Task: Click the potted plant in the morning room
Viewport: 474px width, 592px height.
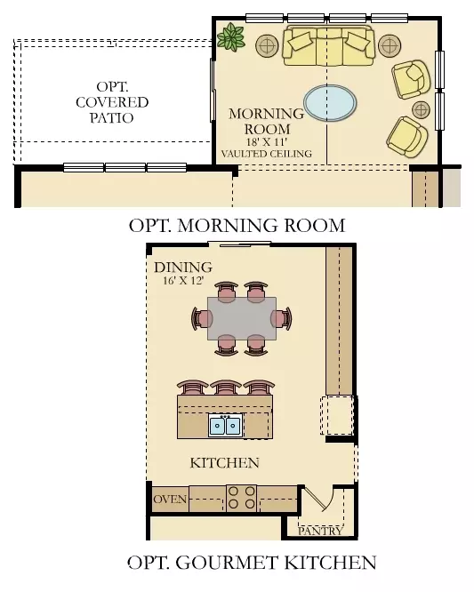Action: [x=232, y=36]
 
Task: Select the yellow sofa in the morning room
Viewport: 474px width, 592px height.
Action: [x=328, y=47]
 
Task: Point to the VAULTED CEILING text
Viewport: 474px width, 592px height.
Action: [x=267, y=154]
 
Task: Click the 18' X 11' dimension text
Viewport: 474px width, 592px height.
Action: [x=267, y=141]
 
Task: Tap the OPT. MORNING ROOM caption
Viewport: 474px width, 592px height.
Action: [x=237, y=225]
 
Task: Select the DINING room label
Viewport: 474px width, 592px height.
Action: [x=182, y=267]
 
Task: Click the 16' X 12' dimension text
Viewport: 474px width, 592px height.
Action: [x=182, y=281]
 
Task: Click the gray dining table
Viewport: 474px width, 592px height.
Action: [x=242, y=317]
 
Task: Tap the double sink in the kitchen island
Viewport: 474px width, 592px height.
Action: [x=225, y=426]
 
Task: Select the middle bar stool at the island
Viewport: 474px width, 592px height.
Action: [x=225, y=387]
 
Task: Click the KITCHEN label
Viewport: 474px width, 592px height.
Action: [x=225, y=462]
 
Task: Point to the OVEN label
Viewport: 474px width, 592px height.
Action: [x=170, y=499]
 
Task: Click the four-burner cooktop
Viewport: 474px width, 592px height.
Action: [x=241, y=498]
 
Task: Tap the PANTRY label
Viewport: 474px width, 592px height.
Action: [x=319, y=531]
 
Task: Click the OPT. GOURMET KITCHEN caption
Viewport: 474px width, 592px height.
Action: [x=252, y=562]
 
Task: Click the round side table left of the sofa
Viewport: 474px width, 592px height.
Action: [x=268, y=44]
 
